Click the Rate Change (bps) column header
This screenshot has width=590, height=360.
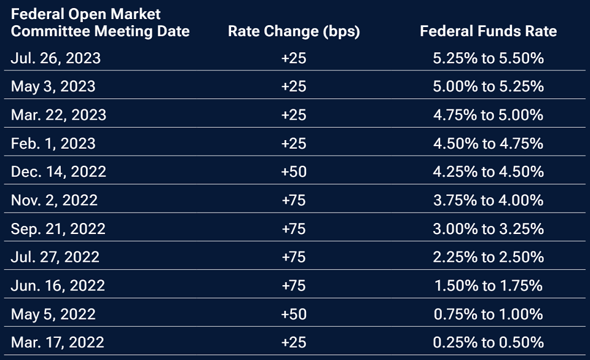(x=293, y=31)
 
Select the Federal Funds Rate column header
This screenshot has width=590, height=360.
(x=488, y=31)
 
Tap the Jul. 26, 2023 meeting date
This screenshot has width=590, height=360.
(x=56, y=58)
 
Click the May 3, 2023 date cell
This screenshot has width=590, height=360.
(x=53, y=87)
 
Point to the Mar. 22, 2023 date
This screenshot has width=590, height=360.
(x=58, y=115)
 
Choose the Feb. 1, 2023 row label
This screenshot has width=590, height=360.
(x=53, y=143)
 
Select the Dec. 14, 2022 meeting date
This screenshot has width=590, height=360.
(x=58, y=171)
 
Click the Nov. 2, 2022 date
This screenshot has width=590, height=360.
(x=54, y=200)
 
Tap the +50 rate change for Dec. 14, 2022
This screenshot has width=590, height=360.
(x=293, y=171)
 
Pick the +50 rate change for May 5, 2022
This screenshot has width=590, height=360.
(x=293, y=314)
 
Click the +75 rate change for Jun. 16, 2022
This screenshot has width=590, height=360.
(x=293, y=286)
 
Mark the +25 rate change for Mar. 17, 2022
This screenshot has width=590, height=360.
(x=293, y=342)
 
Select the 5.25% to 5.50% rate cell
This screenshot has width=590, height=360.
(x=488, y=58)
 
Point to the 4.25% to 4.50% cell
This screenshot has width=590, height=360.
(x=488, y=171)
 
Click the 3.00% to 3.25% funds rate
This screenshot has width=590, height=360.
(x=488, y=229)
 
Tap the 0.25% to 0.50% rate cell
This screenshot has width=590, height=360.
(x=488, y=342)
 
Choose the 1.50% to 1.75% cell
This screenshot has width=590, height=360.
(x=488, y=286)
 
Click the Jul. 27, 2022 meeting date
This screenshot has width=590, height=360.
(x=55, y=257)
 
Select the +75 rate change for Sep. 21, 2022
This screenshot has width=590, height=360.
(x=293, y=229)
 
